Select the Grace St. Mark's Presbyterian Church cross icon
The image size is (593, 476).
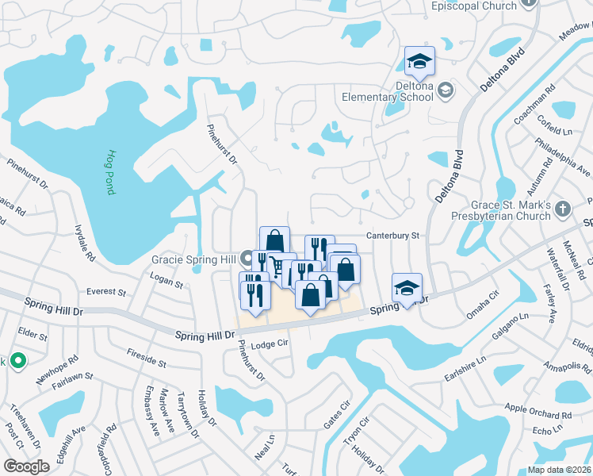pyautogui.click(x=562, y=209)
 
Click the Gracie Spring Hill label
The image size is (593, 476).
pyautogui.click(x=194, y=259)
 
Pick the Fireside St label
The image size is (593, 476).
pyautogui.click(x=145, y=362)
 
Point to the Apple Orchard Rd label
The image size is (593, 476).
pyautogui.click(x=538, y=413)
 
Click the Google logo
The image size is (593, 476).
pyautogui.click(x=26, y=466)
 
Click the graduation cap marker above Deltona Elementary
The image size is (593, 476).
pyautogui.click(x=420, y=60)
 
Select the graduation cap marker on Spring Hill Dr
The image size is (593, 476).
pyautogui.click(x=407, y=287)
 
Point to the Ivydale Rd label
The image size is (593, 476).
pyautogui.click(x=85, y=242)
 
